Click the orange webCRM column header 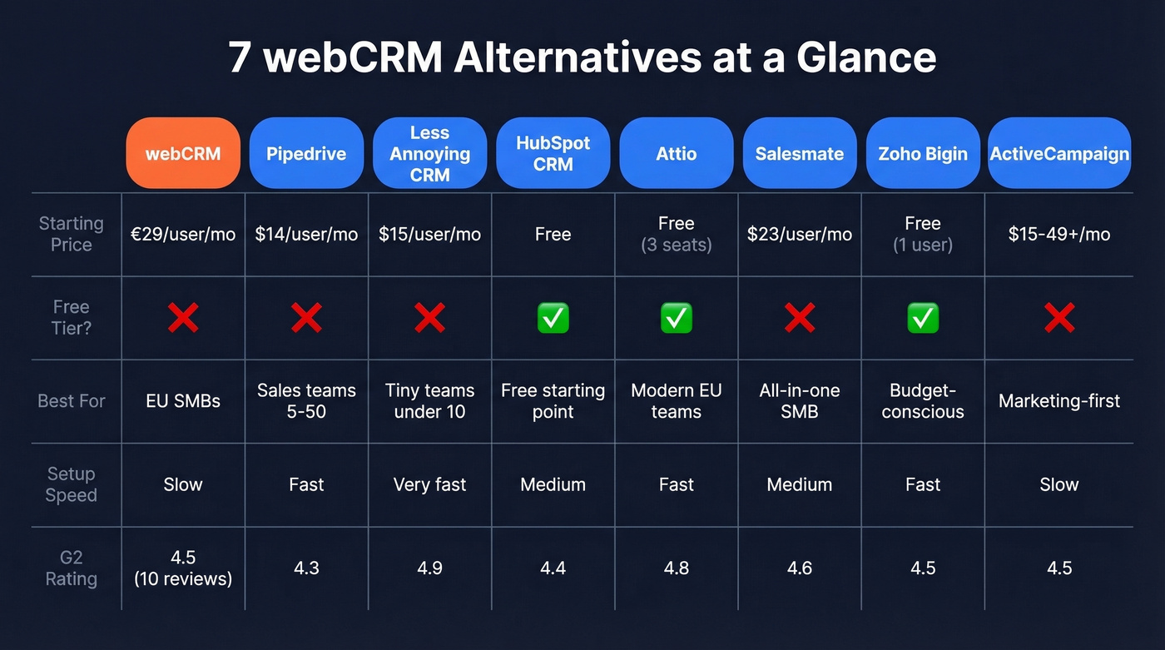pyautogui.click(x=183, y=153)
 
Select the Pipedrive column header pyautogui.click(x=306, y=153)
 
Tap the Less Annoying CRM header pyautogui.click(x=429, y=153)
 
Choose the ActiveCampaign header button pyautogui.click(x=1059, y=153)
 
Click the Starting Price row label pyautogui.click(x=72, y=234)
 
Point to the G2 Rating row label pyautogui.click(x=72, y=568)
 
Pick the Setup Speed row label pyautogui.click(x=72, y=484)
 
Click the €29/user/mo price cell pyautogui.click(x=183, y=234)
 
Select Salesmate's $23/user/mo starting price pyautogui.click(x=800, y=234)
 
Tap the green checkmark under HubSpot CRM pyautogui.click(x=553, y=318)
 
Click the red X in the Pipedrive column pyautogui.click(x=306, y=318)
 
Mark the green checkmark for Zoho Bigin pyautogui.click(x=923, y=318)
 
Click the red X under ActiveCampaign pyautogui.click(x=1059, y=318)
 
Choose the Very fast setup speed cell pyautogui.click(x=429, y=484)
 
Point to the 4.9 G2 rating pyautogui.click(x=429, y=568)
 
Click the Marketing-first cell pyautogui.click(x=1059, y=401)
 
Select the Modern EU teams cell pyautogui.click(x=676, y=401)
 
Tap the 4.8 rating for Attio pyautogui.click(x=676, y=568)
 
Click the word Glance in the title pyautogui.click(x=866, y=58)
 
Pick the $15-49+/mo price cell pyautogui.click(x=1059, y=234)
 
